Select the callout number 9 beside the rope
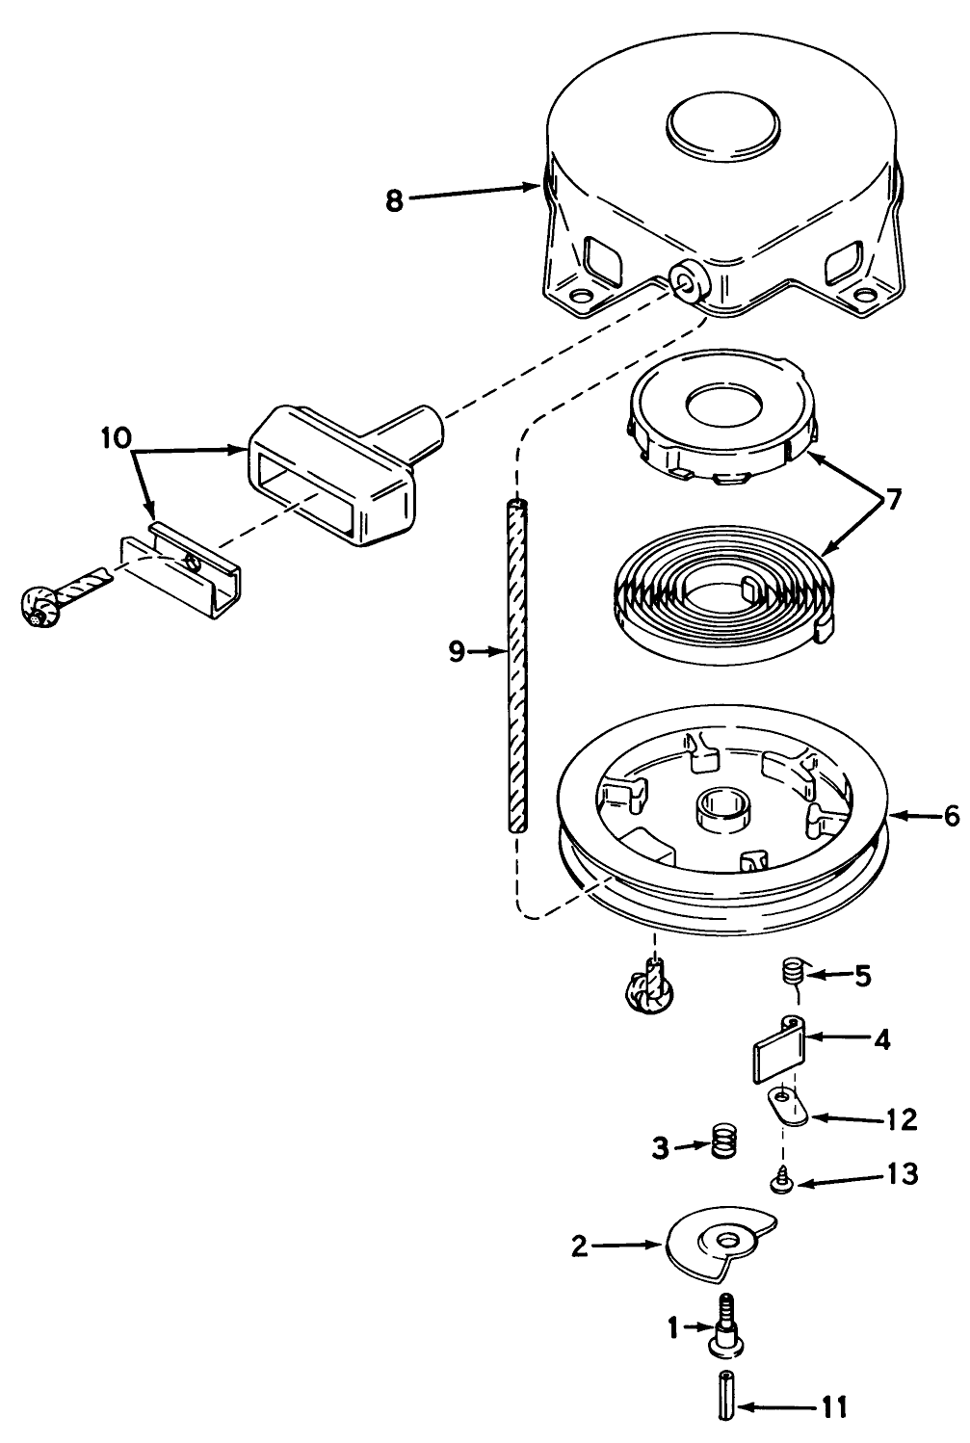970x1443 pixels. click(457, 652)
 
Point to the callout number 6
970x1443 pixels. click(951, 817)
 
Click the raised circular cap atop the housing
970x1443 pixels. click(723, 123)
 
